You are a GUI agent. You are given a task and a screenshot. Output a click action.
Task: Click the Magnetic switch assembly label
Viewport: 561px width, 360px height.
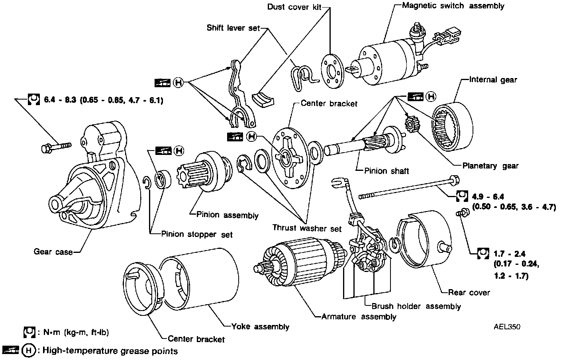(453, 6)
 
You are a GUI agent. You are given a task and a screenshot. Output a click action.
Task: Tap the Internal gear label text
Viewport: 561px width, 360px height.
(493, 80)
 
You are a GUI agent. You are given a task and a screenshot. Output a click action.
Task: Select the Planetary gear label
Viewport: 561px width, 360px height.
(490, 166)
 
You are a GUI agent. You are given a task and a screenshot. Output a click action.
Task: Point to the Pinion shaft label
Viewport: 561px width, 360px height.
(386, 171)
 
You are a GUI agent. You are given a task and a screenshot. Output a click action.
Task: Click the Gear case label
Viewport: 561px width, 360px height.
(53, 252)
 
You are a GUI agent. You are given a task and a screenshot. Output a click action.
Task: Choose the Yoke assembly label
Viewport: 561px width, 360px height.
(260, 327)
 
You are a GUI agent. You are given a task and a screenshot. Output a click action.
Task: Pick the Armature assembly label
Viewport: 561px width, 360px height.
(359, 317)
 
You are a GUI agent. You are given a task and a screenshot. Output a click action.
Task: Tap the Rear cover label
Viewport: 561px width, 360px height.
(469, 293)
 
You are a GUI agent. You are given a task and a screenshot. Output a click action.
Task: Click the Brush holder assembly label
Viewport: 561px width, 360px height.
(416, 306)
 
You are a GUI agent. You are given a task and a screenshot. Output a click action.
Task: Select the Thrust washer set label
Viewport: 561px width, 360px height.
(307, 229)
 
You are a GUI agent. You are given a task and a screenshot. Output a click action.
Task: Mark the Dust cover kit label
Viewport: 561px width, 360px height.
(294, 7)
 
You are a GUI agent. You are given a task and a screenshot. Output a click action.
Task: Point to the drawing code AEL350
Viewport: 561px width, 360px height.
(507, 327)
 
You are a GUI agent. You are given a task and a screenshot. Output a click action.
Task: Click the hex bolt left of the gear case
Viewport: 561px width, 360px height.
(55, 147)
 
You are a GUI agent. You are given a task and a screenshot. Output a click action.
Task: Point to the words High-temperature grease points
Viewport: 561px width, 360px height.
(110, 351)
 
